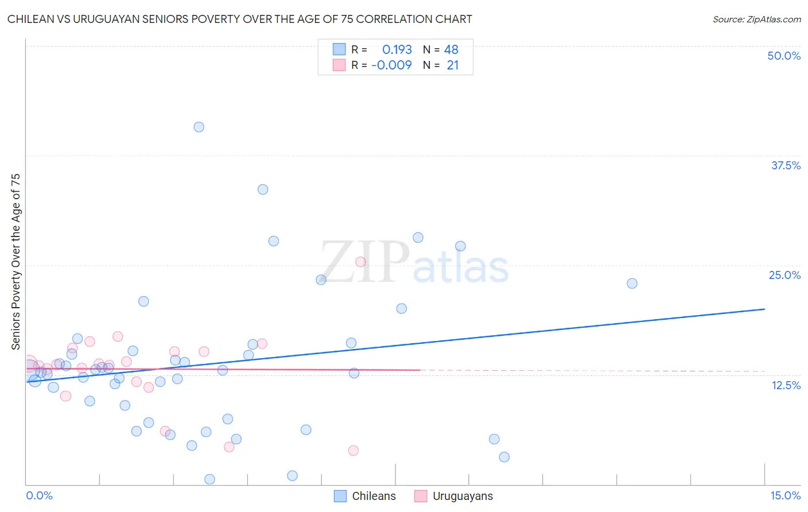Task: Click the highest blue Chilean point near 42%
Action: [x=199, y=127]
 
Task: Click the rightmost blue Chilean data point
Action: [x=632, y=283]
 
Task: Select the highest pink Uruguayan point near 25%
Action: [x=361, y=262]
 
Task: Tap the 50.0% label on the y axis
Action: [x=784, y=56]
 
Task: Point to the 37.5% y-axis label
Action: [x=786, y=165]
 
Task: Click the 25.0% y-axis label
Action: [x=784, y=275]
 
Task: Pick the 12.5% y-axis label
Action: [x=786, y=385]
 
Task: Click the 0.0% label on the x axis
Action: [x=39, y=495]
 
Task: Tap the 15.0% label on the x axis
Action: [x=785, y=495]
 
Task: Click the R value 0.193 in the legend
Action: [x=397, y=50]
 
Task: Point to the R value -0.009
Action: [x=391, y=65]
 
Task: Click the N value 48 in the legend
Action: [x=451, y=50]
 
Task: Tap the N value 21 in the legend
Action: [x=453, y=65]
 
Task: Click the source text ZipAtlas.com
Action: [x=773, y=19]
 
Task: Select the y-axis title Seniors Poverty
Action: [x=16, y=262]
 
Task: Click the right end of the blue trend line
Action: [x=765, y=309]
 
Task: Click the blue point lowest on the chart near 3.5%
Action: [x=210, y=479]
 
